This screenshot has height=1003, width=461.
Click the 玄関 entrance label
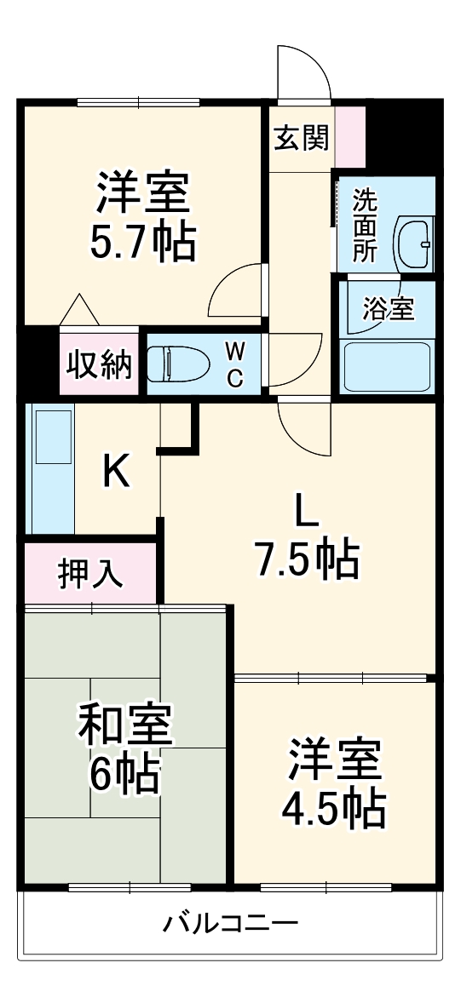point(301,138)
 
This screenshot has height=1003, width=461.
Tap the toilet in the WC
point(178,364)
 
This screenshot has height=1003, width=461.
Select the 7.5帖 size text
point(306,559)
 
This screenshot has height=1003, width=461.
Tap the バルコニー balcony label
point(231,923)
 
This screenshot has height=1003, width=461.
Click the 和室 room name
point(126,725)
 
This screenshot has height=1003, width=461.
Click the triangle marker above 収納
point(81,309)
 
